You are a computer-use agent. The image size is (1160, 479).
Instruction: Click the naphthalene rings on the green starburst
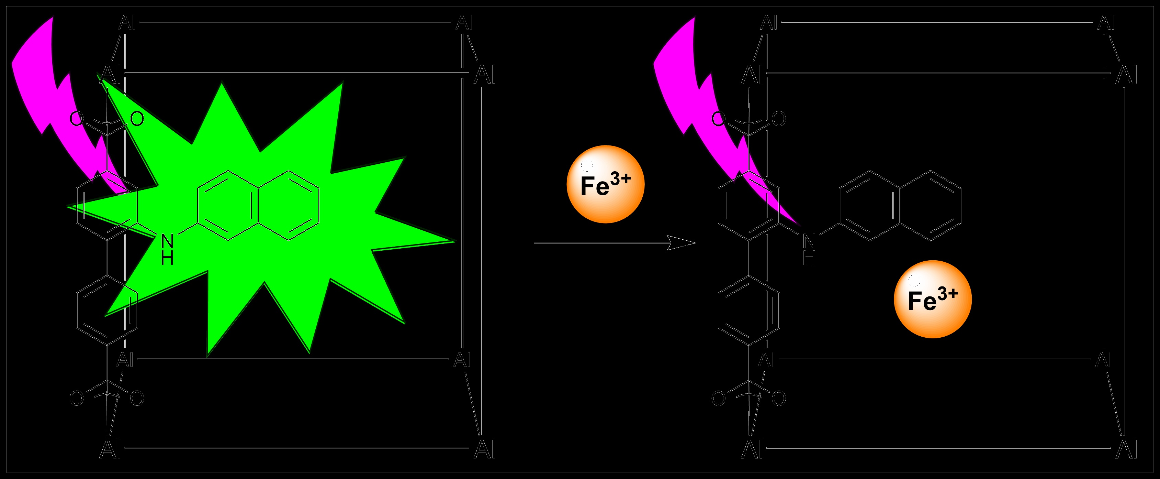point(259,205)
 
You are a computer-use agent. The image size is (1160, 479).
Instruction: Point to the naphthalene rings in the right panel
point(901,205)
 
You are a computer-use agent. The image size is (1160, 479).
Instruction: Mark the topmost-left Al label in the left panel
point(126,23)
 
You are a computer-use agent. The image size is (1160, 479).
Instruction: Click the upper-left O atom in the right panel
point(718,119)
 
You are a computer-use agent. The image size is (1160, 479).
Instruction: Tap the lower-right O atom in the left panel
point(137,398)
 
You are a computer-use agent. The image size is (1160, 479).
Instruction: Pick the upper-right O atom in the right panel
point(779,119)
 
